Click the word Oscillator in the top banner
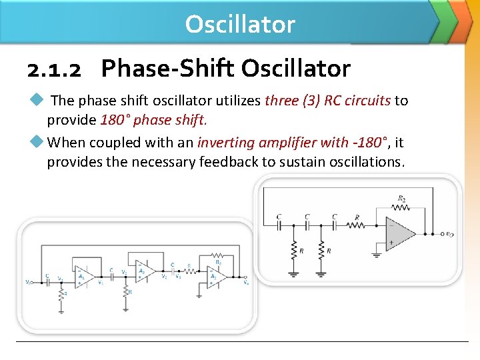point(240,24)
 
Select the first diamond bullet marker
point(37,100)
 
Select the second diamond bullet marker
point(37,141)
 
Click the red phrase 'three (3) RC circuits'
point(327,101)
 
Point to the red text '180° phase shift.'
point(153,121)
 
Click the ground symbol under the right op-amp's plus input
point(377,254)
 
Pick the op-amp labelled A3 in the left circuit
point(215,277)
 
